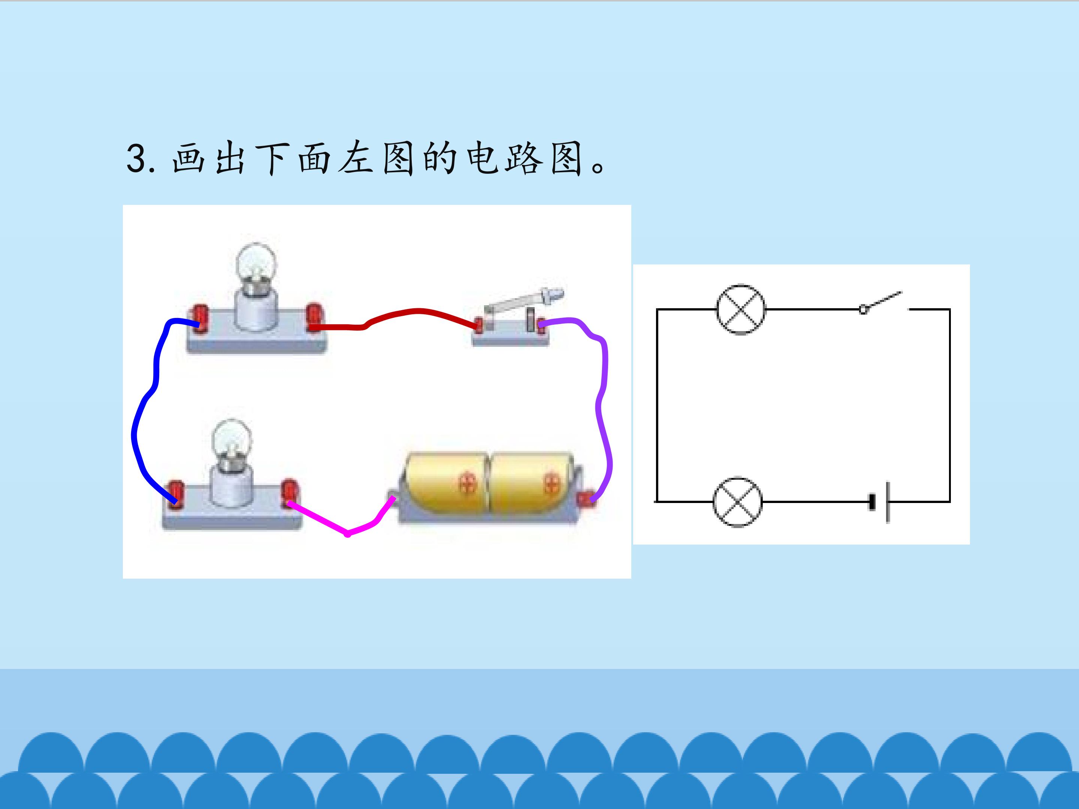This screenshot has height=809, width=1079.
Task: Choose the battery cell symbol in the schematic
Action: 879,502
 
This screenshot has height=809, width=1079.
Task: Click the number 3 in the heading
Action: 137,158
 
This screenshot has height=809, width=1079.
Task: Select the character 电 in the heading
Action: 482,158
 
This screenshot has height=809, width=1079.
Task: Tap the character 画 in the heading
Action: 189,158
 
